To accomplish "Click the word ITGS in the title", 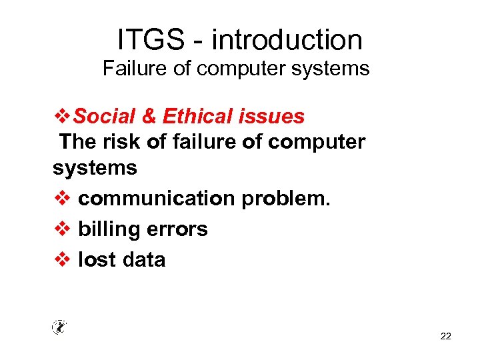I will click(x=151, y=40).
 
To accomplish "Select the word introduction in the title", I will click(x=287, y=40).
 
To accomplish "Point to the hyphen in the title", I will click(x=198, y=41).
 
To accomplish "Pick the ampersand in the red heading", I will click(x=149, y=117).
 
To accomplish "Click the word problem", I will click(x=286, y=199).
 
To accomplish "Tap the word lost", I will click(x=95, y=259).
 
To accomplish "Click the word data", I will click(x=143, y=259).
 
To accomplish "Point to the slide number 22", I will click(x=446, y=336).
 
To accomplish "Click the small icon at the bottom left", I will click(x=59, y=327).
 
